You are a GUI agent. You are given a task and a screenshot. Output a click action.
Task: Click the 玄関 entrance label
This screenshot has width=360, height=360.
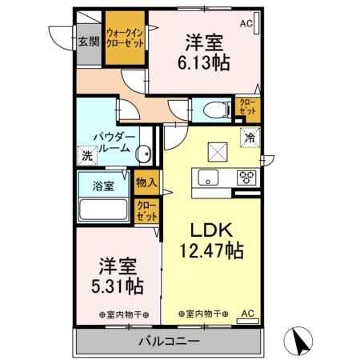[x=87, y=42]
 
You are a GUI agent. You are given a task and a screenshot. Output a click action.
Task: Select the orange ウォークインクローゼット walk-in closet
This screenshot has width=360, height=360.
[x=126, y=38]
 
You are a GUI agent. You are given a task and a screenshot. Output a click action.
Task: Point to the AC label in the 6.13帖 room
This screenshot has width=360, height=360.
[x=246, y=24]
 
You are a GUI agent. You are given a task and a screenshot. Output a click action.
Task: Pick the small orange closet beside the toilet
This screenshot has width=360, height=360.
[x=245, y=107]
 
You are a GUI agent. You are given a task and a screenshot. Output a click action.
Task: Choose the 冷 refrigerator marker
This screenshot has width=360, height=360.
[x=250, y=138]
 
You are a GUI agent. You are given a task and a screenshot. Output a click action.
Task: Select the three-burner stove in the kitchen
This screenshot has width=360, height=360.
[x=246, y=178]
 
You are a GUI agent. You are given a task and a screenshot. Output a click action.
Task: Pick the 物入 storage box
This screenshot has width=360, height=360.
[x=146, y=183]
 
